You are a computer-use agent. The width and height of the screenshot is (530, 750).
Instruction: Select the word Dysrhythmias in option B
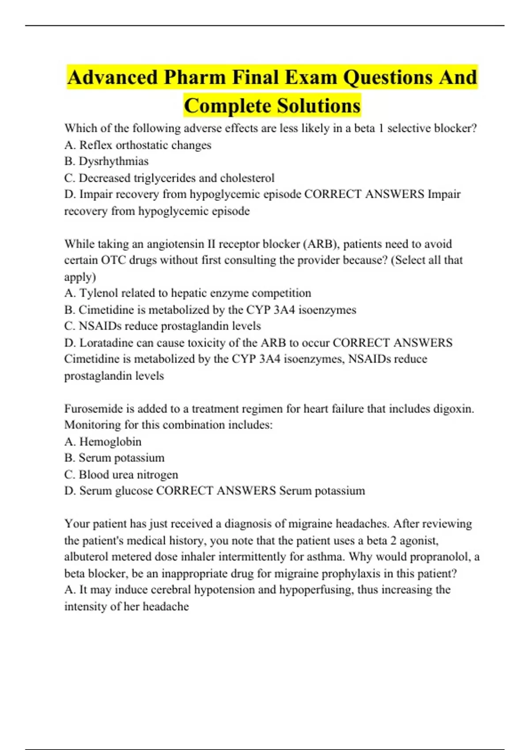coord(114,161)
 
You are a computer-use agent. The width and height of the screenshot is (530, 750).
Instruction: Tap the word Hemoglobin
coord(110,442)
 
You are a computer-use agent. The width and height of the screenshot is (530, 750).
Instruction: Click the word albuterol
coord(86,557)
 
